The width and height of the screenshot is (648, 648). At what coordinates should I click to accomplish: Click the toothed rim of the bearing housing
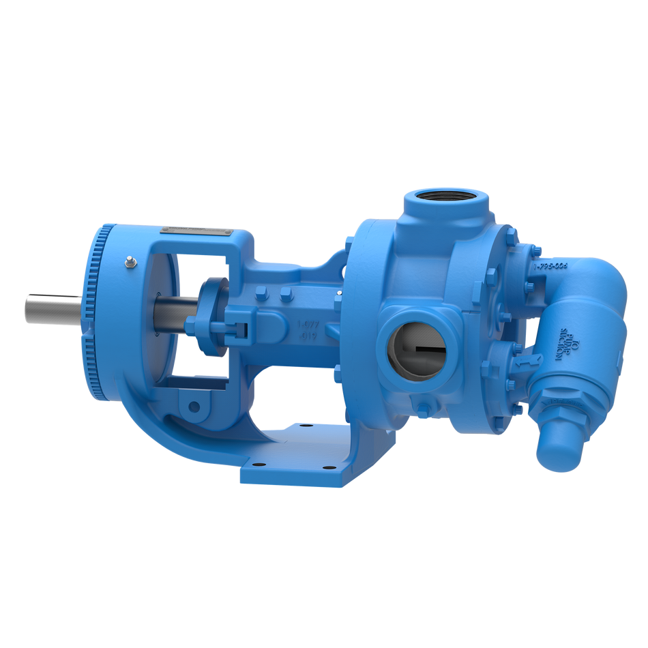tap(92, 314)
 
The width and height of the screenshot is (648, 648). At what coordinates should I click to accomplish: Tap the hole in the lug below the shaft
tap(194, 407)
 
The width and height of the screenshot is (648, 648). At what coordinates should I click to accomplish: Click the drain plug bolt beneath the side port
tap(423, 409)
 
